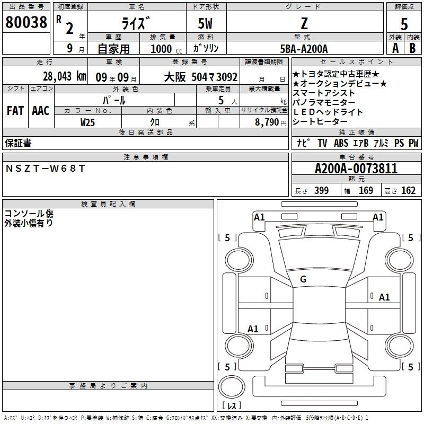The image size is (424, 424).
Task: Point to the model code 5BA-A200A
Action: pyautogui.click(x=304, y=49)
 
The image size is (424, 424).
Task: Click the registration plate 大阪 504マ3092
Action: pyautogui.click(x=200, y=76)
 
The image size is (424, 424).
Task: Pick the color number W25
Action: pyautogui.click(x=87, y=122)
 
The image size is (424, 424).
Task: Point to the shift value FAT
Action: pyautogui.click(x=15, y=111)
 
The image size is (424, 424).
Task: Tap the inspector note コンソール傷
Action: pyautogui.click(x=29, y=214)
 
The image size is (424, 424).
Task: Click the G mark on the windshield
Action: pyautogui.click(x=303, y=279)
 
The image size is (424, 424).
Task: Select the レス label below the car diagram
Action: pyautogui.click(x=231, y=406)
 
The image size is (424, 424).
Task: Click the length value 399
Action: pyautogui.click(x=320, y=191)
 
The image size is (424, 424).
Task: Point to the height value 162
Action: pyautogui.click(x=408, y=191)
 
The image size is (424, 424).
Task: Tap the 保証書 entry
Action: pyautogui.click(x=18, y=143)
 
